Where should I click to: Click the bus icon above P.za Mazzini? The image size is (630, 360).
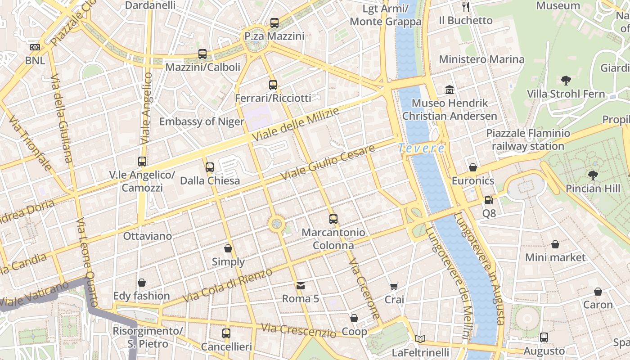[274, 23]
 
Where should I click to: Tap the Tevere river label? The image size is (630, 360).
[422, 148]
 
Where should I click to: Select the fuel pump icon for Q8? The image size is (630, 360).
[489, 200]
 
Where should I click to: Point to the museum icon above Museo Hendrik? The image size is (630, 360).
[449, 90]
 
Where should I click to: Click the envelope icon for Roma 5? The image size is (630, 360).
[300, 285]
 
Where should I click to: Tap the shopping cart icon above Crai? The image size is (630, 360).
[394, 286]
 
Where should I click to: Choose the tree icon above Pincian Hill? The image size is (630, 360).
[593, 175]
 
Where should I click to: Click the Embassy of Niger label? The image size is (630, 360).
[202, 121]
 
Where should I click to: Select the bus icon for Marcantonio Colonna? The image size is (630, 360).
[333, 219]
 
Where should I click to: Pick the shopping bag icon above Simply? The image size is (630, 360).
[228, 248]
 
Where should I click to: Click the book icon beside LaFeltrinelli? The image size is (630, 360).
[420, 339]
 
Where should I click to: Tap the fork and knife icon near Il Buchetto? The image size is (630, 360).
[466, 7]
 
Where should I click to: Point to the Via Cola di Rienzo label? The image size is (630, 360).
[228, 285]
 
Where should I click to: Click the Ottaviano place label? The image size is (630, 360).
[148, 236]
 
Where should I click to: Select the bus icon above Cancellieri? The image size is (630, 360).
[226, 333]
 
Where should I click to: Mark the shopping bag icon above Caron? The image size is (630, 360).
[598, 292]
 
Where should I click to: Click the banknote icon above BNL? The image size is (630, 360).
[35, 47]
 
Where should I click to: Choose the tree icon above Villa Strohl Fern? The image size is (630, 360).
[566, 81]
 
